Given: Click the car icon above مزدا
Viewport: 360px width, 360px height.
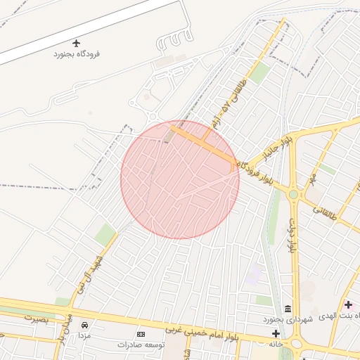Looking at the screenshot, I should (85, 325).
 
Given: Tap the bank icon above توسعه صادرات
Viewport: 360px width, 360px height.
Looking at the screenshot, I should (141, 333).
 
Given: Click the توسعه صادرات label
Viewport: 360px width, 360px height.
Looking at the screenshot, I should (141, 345).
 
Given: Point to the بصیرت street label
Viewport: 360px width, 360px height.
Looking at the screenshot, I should (39, 319).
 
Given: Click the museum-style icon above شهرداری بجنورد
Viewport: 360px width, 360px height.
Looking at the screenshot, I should (288, 309).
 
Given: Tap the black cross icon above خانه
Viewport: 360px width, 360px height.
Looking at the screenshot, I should (275, 333).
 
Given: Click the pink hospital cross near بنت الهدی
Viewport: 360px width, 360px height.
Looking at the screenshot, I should (349, 304).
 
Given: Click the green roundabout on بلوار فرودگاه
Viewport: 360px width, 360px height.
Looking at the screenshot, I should (293, 194).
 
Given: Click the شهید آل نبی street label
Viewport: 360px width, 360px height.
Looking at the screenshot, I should (90, 271).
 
